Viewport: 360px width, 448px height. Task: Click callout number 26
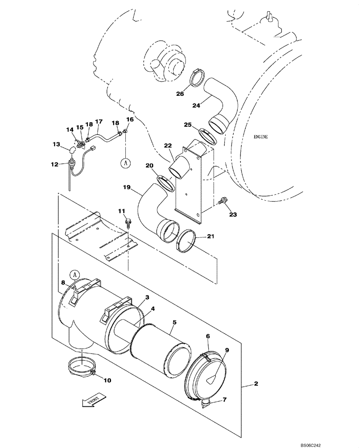(x=179, y=94)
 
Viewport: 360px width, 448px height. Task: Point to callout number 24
(x=196, y=105)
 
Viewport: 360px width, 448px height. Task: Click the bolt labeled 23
(x=223, y=202)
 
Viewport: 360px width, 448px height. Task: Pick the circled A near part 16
(x=126, y=164)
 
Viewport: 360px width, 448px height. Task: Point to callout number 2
(x=256, y=384)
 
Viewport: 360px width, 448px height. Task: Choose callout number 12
(x=55, y=165)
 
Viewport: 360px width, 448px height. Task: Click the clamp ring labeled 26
(x=196, y=78)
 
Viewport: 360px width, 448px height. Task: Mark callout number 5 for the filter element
(x=174, y=322)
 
